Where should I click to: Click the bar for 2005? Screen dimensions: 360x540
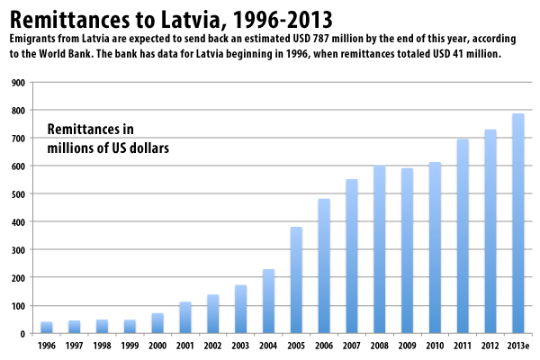coord(297,280)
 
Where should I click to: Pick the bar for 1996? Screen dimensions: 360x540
coord(47,328)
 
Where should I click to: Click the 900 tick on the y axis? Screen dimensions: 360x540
coord(17,82)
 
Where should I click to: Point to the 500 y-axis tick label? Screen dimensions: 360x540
coord(17,193)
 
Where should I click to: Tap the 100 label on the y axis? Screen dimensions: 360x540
coord(17,306)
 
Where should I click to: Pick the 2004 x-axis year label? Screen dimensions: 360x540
coord(269,345)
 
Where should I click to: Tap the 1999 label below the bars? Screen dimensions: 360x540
coord(130,345)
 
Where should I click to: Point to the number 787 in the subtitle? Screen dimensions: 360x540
coord(304,40)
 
